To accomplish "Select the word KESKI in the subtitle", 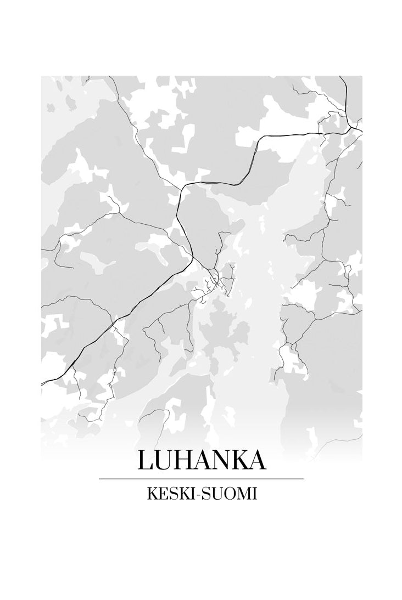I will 169,494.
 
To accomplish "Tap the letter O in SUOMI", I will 226,494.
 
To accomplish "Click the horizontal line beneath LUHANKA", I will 201,479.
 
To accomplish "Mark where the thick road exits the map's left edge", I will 42,382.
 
